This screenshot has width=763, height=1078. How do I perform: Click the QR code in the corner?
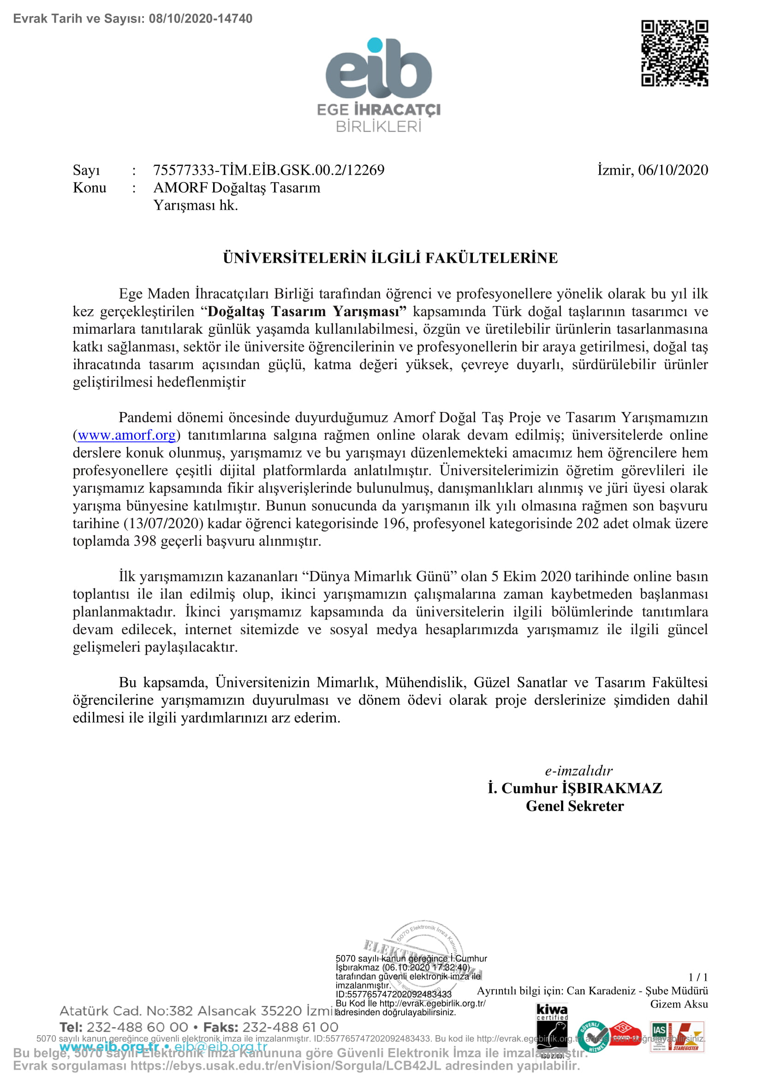[675, 53]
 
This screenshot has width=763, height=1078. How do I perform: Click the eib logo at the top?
[379, 71]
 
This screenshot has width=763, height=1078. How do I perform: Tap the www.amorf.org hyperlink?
[127, 435]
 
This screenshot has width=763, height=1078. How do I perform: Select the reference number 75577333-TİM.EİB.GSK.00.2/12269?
[269, 170]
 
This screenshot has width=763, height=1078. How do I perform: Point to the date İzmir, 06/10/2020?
[653, 170]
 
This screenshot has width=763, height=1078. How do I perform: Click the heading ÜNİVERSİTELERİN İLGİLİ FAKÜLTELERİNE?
[390, 258]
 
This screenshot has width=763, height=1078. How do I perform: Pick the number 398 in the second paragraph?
[145, 542]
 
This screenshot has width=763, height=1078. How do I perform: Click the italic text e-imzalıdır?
[578, 771]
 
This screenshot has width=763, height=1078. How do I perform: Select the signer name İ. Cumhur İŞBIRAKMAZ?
[575, 788]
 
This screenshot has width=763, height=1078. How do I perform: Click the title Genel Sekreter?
[575, 806]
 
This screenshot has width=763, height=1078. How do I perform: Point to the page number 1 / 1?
[697, 977]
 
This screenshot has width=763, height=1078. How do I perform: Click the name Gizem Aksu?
[679, 1004]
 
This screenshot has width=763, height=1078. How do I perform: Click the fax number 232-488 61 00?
[290, 1028]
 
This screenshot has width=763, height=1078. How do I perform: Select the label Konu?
[90, 188]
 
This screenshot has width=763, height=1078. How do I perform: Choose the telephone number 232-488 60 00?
[137, 1028]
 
